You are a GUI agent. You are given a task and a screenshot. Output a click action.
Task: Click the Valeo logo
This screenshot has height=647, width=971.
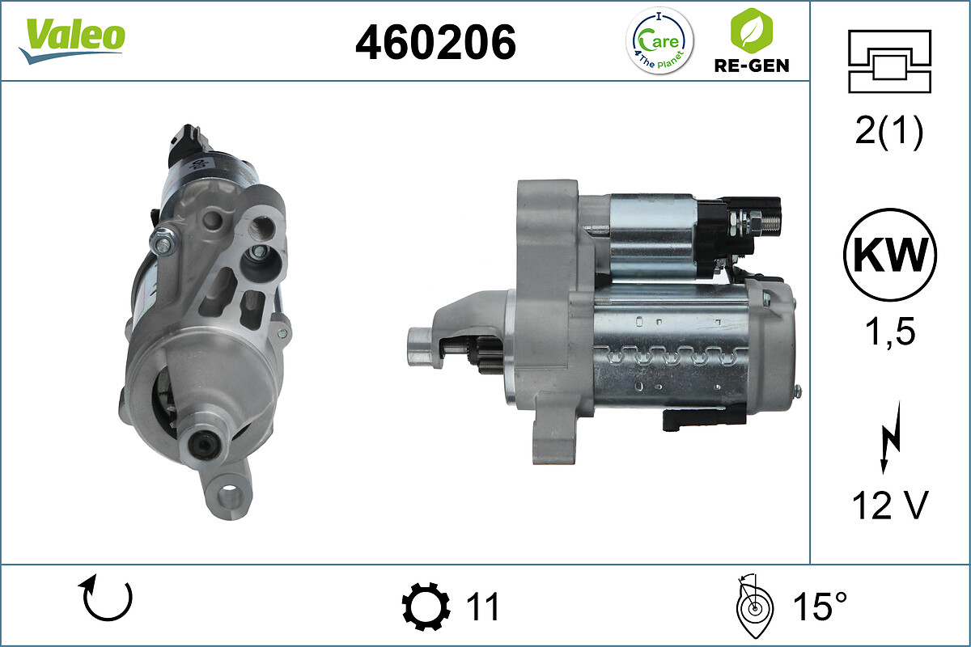pyautogui.click(x=72, y=40)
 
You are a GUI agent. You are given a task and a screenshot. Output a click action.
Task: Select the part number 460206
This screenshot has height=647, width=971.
pyautogui.click(x=435, y=41)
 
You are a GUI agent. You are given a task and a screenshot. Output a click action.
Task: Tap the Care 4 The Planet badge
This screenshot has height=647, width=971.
pyautogui.click(x=660, y=40)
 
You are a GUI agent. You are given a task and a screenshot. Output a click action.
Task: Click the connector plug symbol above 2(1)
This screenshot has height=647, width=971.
pyautogui.click(x=889, y=61)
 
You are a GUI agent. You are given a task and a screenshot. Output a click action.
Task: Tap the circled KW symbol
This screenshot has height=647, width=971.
pyautogui.click(x=889, y=255)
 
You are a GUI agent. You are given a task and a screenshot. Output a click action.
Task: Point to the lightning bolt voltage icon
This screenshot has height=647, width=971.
pyautogui.click(x=888, y=442)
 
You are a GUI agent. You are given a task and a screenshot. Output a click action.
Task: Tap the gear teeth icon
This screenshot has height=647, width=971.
pyautogui.click(x=426, y=607)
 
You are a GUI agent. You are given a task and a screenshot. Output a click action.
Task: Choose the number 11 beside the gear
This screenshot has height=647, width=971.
pyautogui.click(x=483, y=607)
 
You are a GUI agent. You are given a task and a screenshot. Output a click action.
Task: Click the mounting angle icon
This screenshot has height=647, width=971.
pyautogui.click(x=753, y=606)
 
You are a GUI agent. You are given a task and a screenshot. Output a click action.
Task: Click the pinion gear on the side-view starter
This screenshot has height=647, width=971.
pyautogui.click(x=488, y=357)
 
